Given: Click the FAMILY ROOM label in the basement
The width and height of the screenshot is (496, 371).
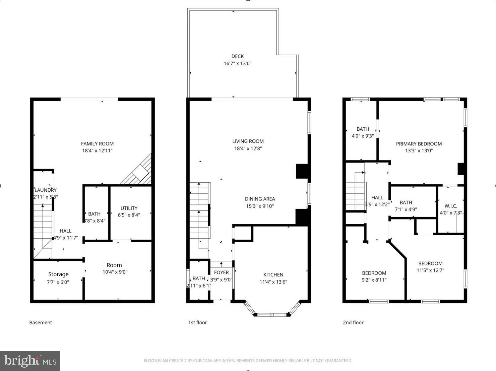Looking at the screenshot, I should click(x=97, y=143).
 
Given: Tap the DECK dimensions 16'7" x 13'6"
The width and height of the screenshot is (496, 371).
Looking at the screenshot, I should click(x=237, y=63).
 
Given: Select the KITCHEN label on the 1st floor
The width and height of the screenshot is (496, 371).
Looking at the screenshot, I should click(x=273, y=274).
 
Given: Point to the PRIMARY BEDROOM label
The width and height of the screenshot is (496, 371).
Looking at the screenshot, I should click(x=419, y=144).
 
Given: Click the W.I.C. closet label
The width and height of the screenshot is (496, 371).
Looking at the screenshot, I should click(x=451, y=206).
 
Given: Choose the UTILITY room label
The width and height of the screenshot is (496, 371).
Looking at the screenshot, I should click(x=129, y=208).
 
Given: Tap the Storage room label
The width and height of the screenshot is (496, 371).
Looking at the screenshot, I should click(x=58, y=274).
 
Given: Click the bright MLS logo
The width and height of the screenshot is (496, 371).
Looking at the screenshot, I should click(x=30, y=361).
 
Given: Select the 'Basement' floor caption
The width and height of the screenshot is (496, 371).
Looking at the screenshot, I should click(x=41, y=322).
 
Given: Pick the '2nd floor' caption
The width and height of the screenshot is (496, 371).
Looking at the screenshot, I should click(x=353, y=322).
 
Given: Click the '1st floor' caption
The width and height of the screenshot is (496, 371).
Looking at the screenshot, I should click(x=197, y=322).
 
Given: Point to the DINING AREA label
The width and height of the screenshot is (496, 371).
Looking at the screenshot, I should click(x=260, y=199).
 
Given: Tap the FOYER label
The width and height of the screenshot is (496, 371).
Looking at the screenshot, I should click(x=221, y=272).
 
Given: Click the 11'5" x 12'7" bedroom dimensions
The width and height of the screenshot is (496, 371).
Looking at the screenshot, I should click(x=430, y=270).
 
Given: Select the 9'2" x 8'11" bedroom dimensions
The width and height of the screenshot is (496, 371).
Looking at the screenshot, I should click(x=374, y=280).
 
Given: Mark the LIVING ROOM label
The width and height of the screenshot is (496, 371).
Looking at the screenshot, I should click(x=248, y=141).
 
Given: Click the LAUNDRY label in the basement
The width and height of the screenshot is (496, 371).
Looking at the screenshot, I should click(x=46, y=190).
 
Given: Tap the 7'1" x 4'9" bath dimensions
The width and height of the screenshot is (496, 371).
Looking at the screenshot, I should click(x=406, y=209).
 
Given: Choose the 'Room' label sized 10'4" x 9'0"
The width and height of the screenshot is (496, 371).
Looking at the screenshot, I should click(x=114, y=265).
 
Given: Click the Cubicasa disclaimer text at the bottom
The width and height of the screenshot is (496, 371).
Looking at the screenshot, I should click(x=248, y=361).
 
